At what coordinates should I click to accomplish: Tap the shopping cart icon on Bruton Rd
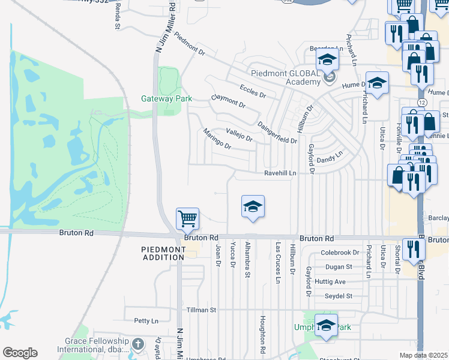point(188,219)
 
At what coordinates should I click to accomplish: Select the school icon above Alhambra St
point(253,207)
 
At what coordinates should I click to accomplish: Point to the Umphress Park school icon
point(326,326)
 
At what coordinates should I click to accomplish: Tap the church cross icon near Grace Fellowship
point(138,344)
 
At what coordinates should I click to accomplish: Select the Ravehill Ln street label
point(280,173)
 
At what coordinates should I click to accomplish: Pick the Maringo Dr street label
point(217,139)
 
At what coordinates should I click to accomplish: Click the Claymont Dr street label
point(228,101)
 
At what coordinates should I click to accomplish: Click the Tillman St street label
point(200,310)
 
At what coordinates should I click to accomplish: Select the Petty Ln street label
point(145,321)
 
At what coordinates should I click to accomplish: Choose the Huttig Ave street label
point(331,281)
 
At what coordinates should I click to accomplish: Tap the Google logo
point(20,353)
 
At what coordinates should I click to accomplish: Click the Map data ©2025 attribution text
point(423,355)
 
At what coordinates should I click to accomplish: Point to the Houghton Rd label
point(262,334)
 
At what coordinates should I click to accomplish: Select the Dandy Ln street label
point(330,157)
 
